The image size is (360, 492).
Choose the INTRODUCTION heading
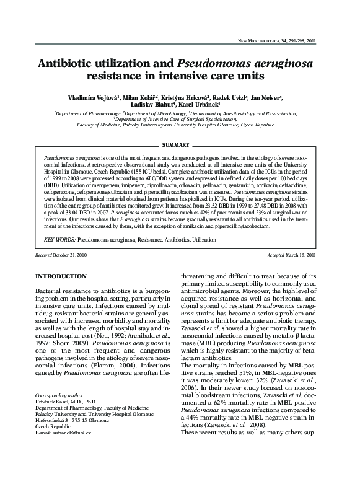(61, 275)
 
